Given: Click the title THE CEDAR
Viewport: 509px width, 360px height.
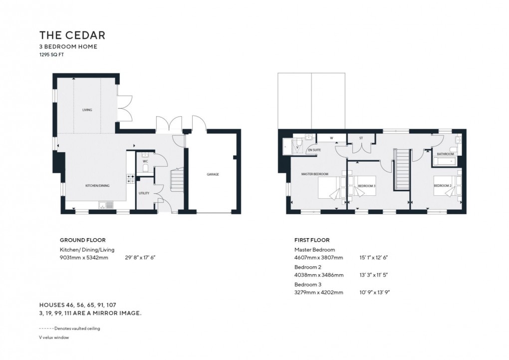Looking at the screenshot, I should point(72,35).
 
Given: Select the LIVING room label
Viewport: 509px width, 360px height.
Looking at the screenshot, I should point(87,110).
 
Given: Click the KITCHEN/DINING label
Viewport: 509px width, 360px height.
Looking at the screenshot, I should point(97,185).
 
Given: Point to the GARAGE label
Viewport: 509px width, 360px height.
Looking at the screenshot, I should point(213,174).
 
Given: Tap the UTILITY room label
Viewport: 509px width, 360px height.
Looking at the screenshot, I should point(144,192).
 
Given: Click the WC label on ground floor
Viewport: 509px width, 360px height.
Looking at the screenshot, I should point(145,161).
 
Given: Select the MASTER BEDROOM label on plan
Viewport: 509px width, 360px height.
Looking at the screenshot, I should point(314,174).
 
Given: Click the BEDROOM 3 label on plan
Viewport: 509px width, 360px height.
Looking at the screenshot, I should point(367,186).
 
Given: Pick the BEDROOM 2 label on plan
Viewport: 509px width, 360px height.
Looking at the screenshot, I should point(442,186).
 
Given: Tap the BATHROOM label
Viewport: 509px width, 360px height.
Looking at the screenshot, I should point(445,154).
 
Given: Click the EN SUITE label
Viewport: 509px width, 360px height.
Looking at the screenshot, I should point(314,150).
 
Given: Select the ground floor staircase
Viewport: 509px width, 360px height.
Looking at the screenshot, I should point(177,180).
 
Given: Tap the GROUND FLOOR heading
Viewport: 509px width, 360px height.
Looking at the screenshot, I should point(82,240).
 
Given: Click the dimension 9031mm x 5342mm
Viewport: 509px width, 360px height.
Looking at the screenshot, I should point(83,258).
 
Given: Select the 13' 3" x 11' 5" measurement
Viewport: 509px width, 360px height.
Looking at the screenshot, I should point(374,275).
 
